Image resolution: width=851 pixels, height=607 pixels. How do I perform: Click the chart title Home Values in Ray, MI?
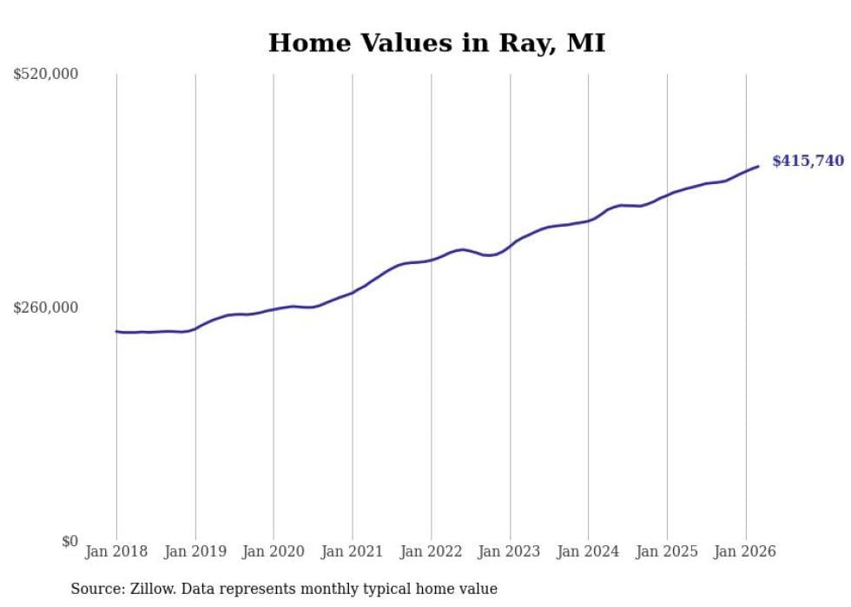pos(436,43)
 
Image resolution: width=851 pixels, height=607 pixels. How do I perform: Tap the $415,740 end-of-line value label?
pos(808,161)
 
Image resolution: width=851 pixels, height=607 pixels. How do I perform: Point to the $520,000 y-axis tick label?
pos(46,75)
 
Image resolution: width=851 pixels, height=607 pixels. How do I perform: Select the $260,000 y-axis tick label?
pos(46,307)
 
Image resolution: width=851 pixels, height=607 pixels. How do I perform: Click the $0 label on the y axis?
pos(69,541)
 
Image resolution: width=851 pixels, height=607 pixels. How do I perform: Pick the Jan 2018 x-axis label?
pos(116,551)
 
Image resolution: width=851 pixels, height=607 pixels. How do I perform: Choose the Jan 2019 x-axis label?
pos(195,551)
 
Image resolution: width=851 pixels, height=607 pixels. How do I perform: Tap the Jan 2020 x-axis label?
pos(274,551)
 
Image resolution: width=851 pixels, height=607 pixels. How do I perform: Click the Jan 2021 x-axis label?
pos(353,551)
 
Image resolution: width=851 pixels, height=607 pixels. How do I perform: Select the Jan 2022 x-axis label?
pos(432,551)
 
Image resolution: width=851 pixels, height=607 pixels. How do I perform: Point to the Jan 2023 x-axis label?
pos(510,551)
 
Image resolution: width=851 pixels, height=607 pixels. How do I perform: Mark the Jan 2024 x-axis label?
pos(589,551)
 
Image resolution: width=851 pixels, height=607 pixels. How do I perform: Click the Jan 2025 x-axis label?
pos(667,551)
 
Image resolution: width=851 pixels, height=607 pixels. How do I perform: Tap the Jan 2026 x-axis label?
pos(746,551)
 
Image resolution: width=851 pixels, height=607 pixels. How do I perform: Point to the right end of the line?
pos(758,166)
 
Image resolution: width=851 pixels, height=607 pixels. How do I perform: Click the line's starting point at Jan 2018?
pos(116,332)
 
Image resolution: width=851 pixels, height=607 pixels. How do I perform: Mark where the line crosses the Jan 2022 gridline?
pos(432,260)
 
